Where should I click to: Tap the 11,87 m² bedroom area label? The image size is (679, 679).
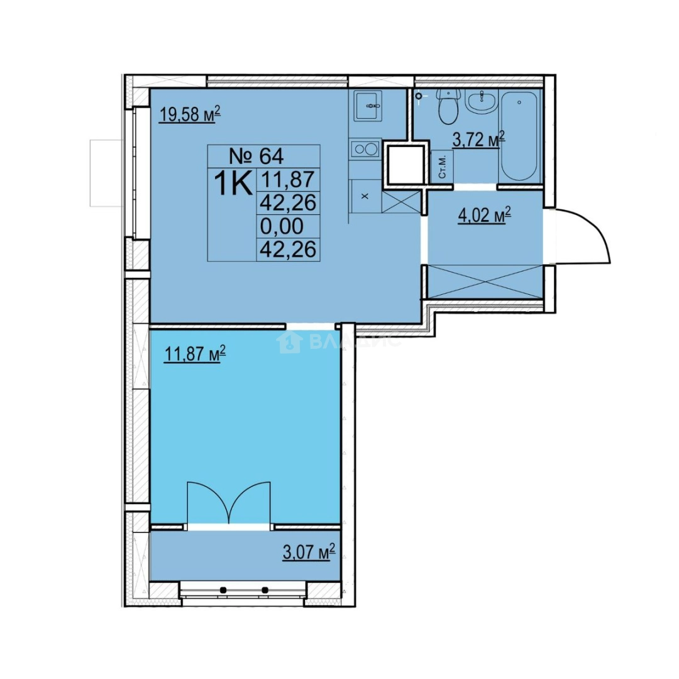click(x=195, y=353)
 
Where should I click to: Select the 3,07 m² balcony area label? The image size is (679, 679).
click(x=309, y=552)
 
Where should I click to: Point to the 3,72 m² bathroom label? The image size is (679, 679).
click(x=478, y=140)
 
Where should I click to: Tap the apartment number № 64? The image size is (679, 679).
click(x=256, y=156)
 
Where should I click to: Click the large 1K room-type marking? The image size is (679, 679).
click(x=233, y=183)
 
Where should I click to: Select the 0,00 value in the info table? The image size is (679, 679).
click(x=282, y=226)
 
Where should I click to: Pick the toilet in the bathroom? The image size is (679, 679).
click(x=448, y=106)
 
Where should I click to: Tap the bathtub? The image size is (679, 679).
click(x=519, y=135)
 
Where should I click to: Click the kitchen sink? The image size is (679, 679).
click(x=368, y=106)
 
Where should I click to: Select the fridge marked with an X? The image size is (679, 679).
click(x=365, y=196)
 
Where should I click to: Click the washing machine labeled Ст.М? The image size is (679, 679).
click(x=442, y=166)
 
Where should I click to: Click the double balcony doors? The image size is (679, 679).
click(x=229, y=504)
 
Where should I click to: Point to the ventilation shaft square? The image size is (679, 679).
click(x=406, y=163)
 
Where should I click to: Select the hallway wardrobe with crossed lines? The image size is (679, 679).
click(x=485, y=282)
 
